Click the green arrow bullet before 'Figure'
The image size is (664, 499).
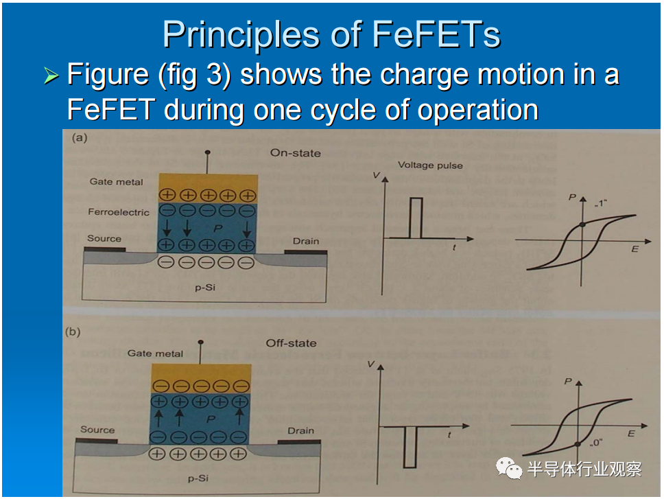click(x=51, y=76)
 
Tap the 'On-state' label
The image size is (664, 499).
click(x=296, y=153)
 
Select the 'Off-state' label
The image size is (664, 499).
click(x=291, y=343)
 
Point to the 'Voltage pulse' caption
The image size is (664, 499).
click(x=430, y=165)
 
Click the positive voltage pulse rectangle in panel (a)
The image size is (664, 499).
click(x=416, y=218)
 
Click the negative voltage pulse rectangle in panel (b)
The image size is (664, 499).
click(x=410, y=447)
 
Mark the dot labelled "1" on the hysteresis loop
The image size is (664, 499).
click(x=582, y=224)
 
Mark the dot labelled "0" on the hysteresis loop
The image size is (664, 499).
click(x=578, y=444)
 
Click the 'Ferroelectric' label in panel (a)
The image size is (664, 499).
click(x=119, y=212)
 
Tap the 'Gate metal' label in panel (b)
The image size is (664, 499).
click(x=155, y=353)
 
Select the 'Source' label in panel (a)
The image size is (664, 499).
click(x=104, y=238)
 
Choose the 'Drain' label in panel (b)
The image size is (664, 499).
click(x=300, y=431)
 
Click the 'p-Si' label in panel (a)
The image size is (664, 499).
click(x=205, y=288)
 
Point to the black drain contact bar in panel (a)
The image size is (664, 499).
click(x=306, y=252)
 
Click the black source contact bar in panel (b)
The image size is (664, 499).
click(x=97, y=441)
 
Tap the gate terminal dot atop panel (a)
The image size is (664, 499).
click(x=207, y=152)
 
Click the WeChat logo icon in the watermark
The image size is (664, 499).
click(x=509, y=468)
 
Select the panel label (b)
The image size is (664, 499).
click(x=73, y=332)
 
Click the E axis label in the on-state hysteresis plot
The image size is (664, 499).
click(x=635, y=249)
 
